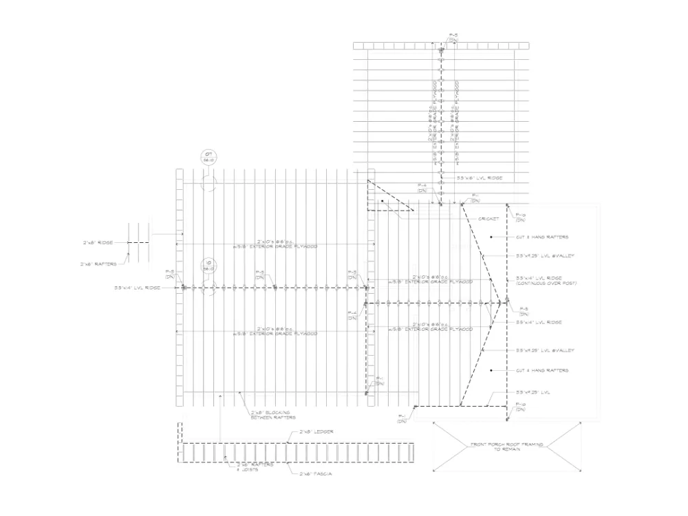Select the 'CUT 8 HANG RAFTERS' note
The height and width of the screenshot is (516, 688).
click(x=543, y=237)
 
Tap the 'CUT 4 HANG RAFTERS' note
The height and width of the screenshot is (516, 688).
click(x=543, y=371)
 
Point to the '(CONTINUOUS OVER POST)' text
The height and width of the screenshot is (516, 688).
click(x=546, y=283)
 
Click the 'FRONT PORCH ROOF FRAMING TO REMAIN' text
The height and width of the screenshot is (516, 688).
click(x=506, y=447)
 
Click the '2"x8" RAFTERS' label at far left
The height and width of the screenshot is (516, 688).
click(x=95, y=264)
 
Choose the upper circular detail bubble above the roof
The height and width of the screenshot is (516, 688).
click(x=209, y=157)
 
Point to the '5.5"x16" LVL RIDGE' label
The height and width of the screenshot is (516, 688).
click(x=480, y=178)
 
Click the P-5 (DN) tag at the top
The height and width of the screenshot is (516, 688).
click(x=452, y=36)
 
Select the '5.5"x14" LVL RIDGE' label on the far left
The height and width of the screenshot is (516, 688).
click(x=137, y=288)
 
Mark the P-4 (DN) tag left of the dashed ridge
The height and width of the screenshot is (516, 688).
click(x=353, y=316)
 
